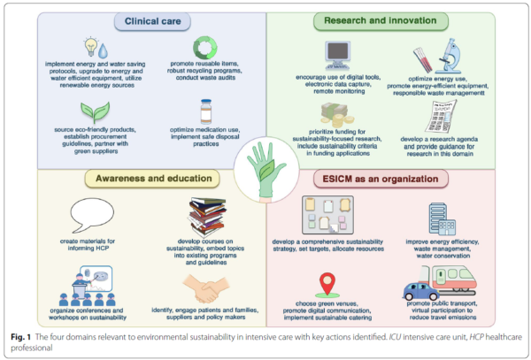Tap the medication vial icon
(206, 114)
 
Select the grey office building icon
(442, 218)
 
